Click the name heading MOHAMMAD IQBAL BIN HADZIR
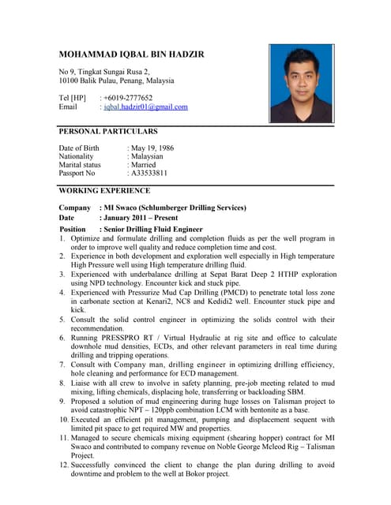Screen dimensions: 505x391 (x=131, y=54)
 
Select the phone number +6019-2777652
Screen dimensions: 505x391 (x=128, y=98)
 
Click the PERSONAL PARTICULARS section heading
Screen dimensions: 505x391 (x=108, y=132)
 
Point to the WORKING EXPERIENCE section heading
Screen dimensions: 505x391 (x=104, y=191)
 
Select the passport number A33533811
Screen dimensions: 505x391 (x=149, y=173)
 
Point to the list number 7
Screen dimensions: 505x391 (x=62, y=365)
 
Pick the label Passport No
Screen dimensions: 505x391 (x=77, y=173)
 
